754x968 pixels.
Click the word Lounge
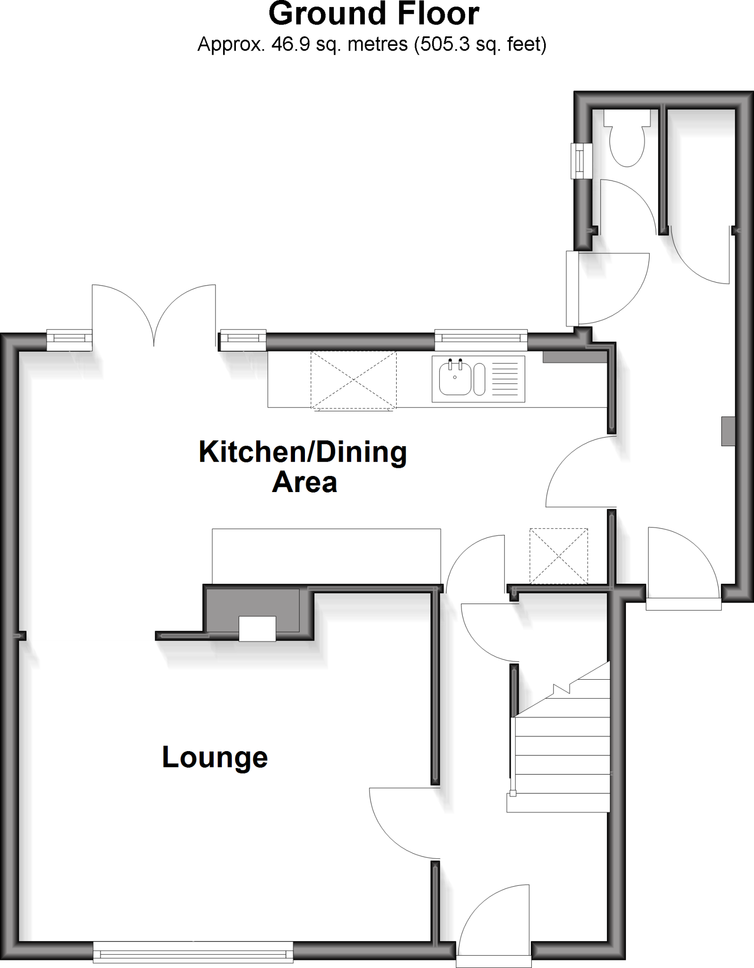tap(215, 758)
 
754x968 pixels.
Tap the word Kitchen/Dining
tap(303, 452)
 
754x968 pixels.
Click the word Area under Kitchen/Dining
tap(304, 483)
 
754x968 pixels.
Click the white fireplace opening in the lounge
tap(257, 629)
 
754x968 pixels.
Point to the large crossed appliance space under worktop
tap(353, 380)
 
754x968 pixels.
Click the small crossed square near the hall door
tap(558, 556)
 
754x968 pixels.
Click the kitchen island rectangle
tap(326, 556)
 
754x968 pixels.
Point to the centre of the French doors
tap(154, 321)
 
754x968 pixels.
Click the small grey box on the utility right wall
tap(728, 431)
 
